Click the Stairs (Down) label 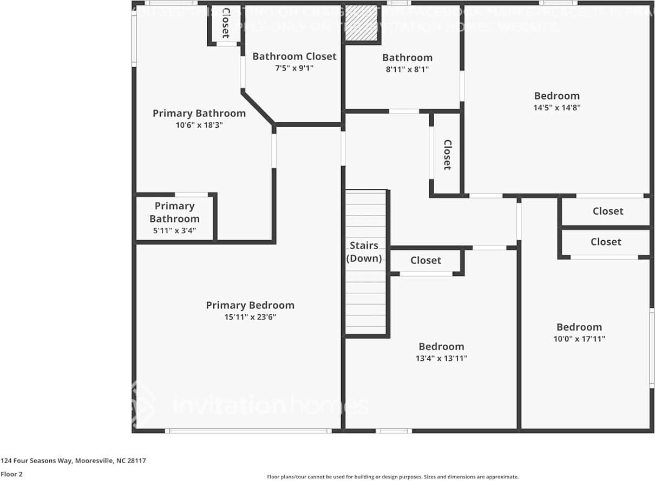(364, 252)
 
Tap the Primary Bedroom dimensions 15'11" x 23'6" (250, 318)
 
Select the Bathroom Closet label (294, 56)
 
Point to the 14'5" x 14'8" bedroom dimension (556, 108)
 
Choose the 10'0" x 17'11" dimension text (579, 339)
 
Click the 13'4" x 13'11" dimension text (441, 358)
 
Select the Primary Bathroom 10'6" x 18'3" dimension (199, 125)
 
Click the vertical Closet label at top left (226, 23)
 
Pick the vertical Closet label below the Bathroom (447, 155)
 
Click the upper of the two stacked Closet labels (607, 211)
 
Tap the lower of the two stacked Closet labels (605, 242)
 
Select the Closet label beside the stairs (425, 260)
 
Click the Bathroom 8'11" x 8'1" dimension (407, 69)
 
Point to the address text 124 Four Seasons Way (73, 461)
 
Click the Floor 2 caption (11, 475)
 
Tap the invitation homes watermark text (270, 406)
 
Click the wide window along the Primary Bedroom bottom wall (248, 431)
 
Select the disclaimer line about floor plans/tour (392, 477)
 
